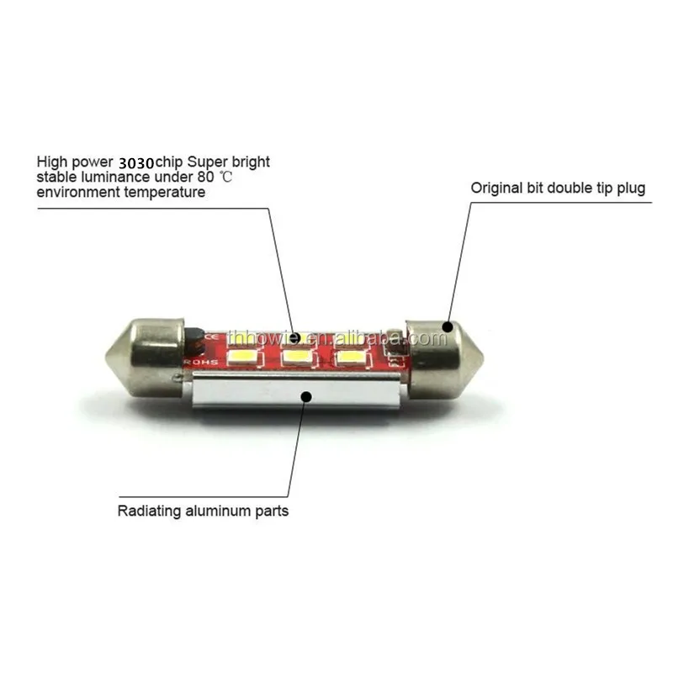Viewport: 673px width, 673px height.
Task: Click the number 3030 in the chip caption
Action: click(141, 162)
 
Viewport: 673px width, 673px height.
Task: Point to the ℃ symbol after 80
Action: click(224, 177)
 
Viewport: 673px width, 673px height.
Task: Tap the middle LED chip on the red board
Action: click(295, 358)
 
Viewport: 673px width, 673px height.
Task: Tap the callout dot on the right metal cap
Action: click(448, 326)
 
